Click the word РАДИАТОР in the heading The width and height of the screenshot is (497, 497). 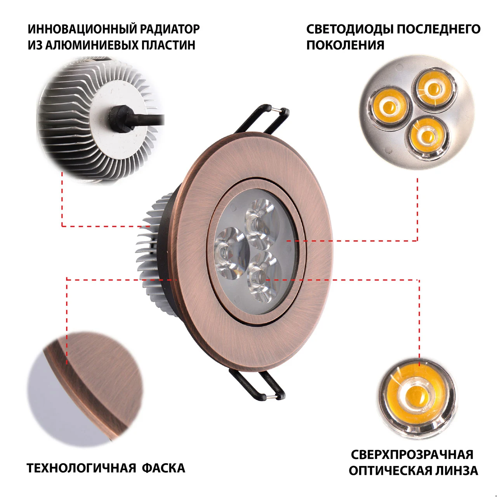[x=170, y=29]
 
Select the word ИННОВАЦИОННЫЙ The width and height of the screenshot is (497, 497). [x=82, y=29]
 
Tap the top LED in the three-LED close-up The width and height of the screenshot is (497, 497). [x=434, y=89]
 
